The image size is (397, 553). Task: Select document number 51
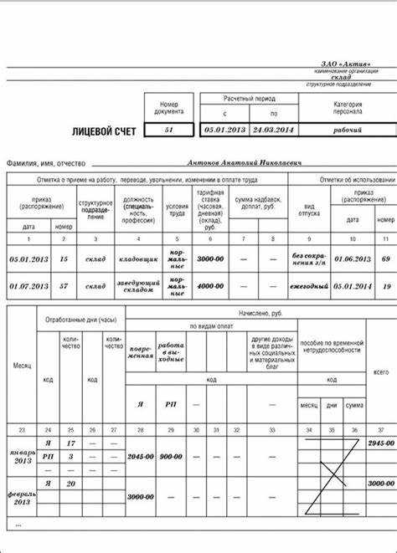click(170, 131)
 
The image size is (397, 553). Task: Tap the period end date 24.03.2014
click(273, 131)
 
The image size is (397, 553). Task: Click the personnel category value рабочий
click(347, 131)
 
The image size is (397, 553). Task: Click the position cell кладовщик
click(139, 260)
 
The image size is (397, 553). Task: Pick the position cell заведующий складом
click(139, 286)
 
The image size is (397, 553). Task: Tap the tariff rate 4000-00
click(209, 286)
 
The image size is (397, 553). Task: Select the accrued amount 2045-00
click(141, 457)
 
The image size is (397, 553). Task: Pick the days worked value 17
click(71, 443)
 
